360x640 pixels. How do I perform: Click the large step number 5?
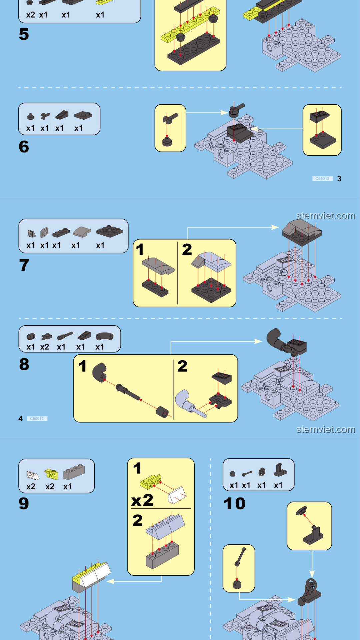click(x=24, y=34)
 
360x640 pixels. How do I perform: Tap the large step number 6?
click(x=24, y=147)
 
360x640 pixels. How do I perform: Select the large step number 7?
click(x=24, y=265)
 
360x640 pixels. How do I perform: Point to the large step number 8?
click(x=24, y=364)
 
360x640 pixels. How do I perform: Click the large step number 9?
click(x=24, y=503)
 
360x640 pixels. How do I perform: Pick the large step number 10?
click(x=234, y=503)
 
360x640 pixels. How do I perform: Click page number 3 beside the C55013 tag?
click(x=339, y=179)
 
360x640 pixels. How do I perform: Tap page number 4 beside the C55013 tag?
click(x=21, y=419)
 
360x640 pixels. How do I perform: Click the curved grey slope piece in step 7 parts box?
click(x=81, y=232)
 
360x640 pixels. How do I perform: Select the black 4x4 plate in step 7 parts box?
click(x=109, y=231)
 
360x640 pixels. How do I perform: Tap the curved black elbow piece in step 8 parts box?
click(x=104, y=337)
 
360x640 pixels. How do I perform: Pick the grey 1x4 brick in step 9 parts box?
click(x=74, y=472)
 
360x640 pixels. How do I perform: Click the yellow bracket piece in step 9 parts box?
click(x=51, y=474)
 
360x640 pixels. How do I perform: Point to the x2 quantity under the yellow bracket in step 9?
click(x=50, y=487)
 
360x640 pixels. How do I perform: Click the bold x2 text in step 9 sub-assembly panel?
click(x=142, y=500)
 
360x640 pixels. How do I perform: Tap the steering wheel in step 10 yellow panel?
click(x=302, y=510)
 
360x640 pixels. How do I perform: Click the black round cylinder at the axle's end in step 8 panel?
click(x=162, y=412)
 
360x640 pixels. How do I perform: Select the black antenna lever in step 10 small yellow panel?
click(x=240, y=557)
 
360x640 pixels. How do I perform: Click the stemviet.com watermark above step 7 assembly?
click(x=325, y=216)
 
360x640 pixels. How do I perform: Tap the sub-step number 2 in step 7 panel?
click(x=187, y=249)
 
